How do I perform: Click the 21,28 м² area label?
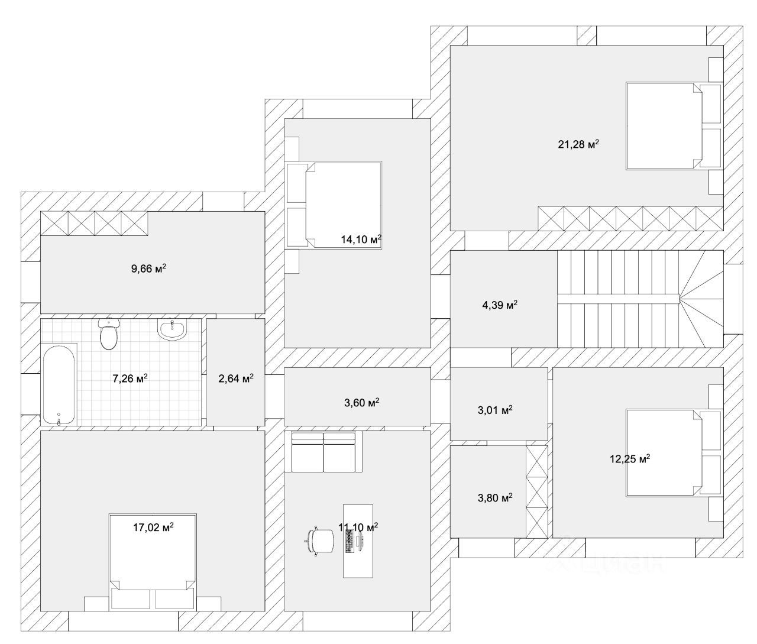click(578, 144)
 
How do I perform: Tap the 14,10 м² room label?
click(361, 240)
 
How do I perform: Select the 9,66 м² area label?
click(148, 269)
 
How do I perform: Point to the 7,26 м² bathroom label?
click(130, 378)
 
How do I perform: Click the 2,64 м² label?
click(236, 378)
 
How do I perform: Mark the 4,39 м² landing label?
click(500, 305)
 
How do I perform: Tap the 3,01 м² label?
click(494, 410)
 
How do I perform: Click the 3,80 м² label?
click(494, 498)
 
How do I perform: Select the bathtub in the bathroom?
click(59, 384)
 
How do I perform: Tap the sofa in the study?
click(323, 452)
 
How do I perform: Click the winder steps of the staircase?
click(703, 302)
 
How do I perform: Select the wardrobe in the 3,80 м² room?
click(537, 491)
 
